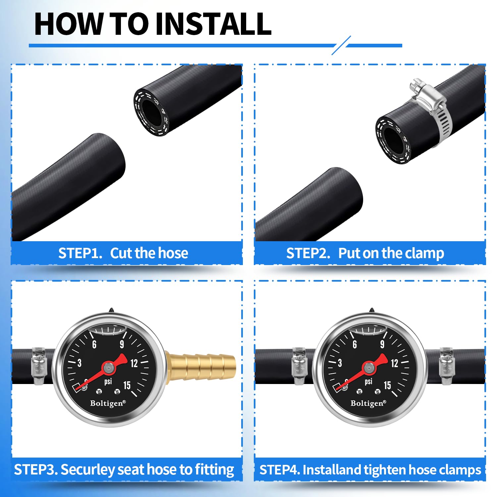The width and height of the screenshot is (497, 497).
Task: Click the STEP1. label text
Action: click(80, 253)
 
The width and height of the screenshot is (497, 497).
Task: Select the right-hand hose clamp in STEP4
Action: click(446, 366)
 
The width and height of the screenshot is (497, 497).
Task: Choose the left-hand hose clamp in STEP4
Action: click(299, 366)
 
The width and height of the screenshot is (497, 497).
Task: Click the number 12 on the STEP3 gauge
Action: click(134, 363)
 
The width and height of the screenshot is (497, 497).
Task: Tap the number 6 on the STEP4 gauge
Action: click(355, 345)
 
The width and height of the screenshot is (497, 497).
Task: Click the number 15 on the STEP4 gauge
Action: click(387, 385)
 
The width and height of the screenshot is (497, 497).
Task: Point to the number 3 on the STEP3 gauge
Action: click(79, 363)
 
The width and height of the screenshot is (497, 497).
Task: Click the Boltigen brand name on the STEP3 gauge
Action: click(108, 404)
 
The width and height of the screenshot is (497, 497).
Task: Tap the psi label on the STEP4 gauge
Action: click(368, 382)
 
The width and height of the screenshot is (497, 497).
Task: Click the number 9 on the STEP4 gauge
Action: click(382, 345)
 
